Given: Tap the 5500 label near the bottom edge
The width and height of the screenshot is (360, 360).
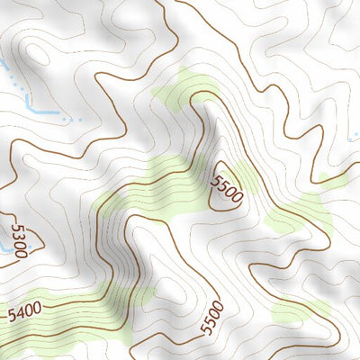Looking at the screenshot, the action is pos(212,316).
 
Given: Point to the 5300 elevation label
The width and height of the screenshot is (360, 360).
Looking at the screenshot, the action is pos(19,238).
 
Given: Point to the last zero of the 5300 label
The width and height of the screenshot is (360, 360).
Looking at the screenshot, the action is pos(23,252).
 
